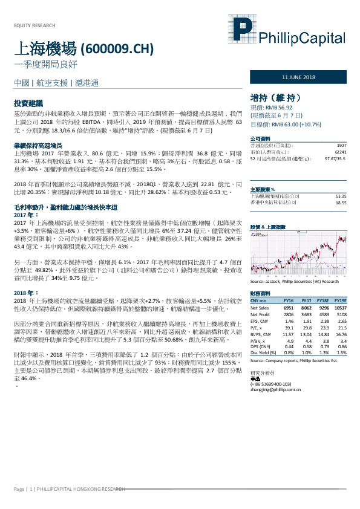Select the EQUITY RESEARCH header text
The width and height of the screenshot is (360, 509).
[x=34, y=25]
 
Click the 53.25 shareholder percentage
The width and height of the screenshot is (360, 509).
[x=341, y=180]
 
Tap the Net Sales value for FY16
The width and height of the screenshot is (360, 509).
[x=289, y=308]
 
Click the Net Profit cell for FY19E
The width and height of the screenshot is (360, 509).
[x=340, y=314]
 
